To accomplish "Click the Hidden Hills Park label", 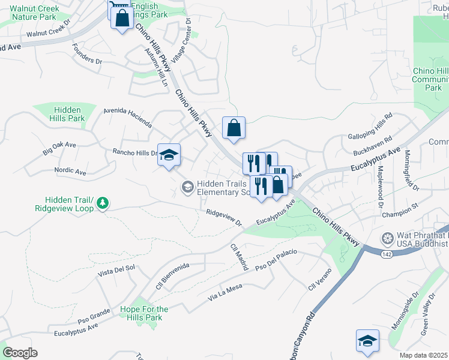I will pos(69,114).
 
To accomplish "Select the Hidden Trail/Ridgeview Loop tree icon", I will pos(103,203).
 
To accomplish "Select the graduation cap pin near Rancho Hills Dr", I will pos(169,155).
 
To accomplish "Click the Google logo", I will pos(20,352).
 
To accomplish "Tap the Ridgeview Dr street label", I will pos(223,218).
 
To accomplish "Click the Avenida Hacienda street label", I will pos(127,116).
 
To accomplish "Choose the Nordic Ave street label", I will pos(70,171).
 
